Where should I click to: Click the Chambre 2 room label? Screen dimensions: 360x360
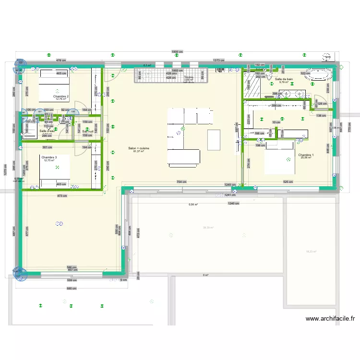coord(61,96)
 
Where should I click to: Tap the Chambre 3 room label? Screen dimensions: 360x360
coord(49,157)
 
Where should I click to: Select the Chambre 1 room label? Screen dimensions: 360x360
coord(306,155)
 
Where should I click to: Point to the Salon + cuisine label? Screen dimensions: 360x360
coord(139,148)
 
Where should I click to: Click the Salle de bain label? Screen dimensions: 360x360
coord(284,79)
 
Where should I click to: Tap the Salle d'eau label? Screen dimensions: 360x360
coord(47,131)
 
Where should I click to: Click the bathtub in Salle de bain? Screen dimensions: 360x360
coord(318,75)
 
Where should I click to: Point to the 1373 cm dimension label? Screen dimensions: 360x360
coord(218,60)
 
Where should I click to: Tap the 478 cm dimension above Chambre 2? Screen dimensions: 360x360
coord(60,60)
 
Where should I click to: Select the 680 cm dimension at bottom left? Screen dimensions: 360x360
coord(71,288)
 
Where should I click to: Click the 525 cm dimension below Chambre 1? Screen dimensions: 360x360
coord(288,182)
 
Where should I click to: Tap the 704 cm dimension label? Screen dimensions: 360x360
coord(181,182)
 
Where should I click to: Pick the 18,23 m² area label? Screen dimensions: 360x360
coord(312,252)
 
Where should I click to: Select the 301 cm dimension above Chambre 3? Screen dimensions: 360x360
coord(47,147)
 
